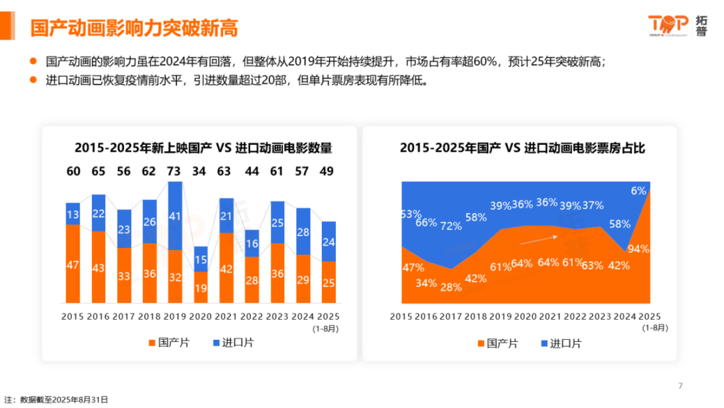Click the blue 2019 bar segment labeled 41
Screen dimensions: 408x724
175,216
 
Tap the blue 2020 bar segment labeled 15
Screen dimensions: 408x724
200,259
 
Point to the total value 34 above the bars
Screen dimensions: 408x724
200,171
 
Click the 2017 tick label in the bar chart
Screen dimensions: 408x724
124,316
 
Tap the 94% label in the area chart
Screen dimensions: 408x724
638,249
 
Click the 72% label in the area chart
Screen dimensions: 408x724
451,226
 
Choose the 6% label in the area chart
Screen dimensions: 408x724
638,190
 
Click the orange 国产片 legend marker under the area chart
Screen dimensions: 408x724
481,344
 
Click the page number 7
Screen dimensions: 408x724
680,386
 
